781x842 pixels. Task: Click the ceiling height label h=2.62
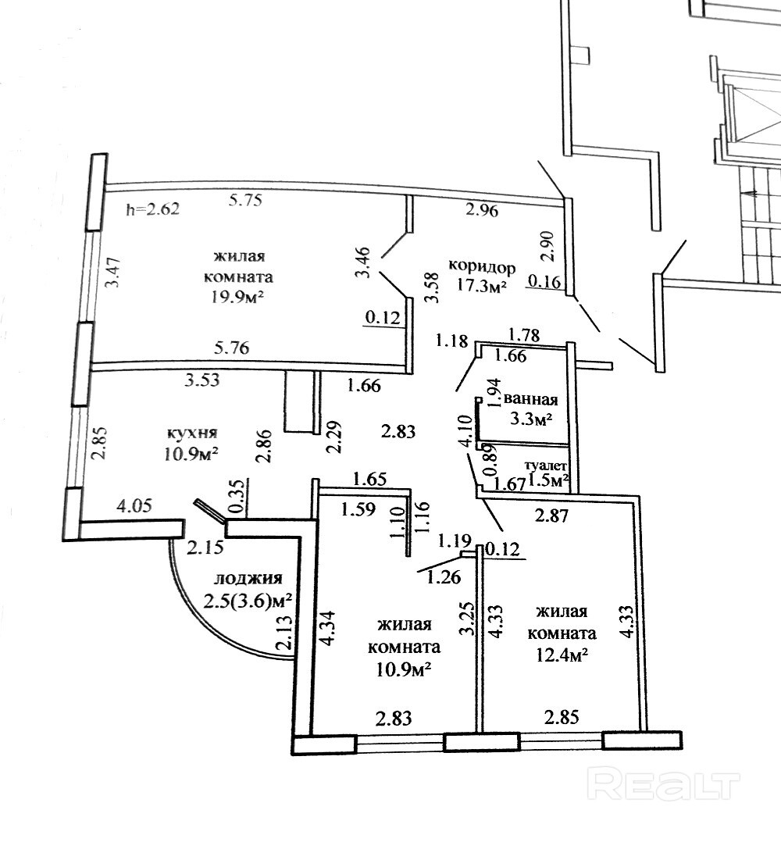pos(152,209)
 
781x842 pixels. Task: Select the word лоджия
pos(248,579)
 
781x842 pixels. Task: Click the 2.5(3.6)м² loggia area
pos(248,601)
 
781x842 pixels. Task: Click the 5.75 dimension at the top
pos(244,200)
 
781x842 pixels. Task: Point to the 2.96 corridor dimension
pos(483,209)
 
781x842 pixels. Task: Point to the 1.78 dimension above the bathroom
pos(525,336)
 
